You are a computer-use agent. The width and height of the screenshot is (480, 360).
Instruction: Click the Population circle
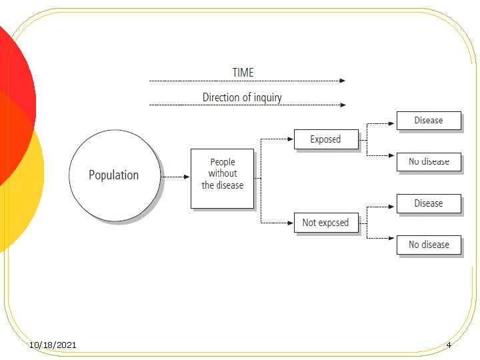click(114, 175)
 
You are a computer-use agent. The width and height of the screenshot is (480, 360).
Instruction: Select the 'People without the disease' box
click(222, 178)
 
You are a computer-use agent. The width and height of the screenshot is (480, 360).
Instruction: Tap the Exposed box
click(325, 139)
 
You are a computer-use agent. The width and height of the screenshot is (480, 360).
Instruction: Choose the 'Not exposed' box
click(325, 223)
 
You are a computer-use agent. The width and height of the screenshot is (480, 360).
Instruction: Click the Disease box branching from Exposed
click(428, 121)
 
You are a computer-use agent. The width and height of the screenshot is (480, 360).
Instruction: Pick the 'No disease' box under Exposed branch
click(428, 162)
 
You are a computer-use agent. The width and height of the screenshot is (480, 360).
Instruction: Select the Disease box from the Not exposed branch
click(428, 203)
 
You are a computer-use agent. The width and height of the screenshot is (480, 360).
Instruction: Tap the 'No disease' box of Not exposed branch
click(428, 245)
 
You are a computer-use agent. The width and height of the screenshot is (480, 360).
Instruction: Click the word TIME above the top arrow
click(243, 72)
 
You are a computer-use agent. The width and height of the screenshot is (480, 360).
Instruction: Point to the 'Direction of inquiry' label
click(242, 97)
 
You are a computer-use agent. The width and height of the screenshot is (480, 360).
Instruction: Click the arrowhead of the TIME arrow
click(343, 81)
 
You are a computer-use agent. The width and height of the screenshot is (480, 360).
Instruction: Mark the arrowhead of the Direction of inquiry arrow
click(343, 105)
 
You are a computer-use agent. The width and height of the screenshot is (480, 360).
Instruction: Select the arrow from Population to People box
click(175, 177)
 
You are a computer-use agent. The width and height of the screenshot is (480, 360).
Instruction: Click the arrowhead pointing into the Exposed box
click(291, 139)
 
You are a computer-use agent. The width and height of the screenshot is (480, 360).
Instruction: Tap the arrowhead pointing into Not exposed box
click(291, 223)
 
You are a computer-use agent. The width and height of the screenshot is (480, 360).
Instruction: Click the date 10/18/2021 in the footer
click(53, 345)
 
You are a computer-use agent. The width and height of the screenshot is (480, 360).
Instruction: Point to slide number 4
click(449, 345)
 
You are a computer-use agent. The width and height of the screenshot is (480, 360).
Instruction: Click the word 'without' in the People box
click(222, 173)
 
